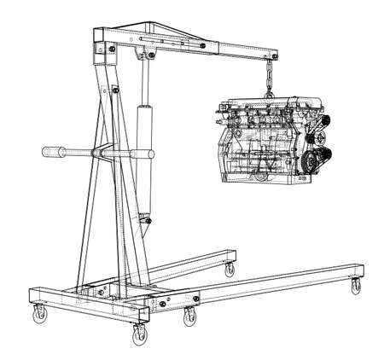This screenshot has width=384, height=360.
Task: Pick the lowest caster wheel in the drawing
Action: (137, 336)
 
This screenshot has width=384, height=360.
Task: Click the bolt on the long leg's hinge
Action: (195, 298)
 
